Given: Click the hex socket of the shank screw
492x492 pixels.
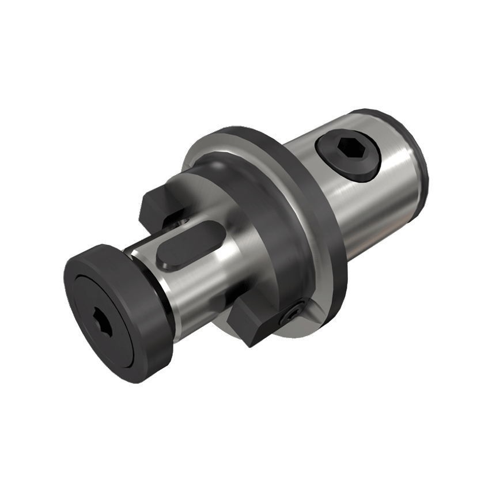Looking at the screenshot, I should [x=350, y=152].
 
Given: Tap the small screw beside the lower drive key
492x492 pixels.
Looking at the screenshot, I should [x=292, y=313].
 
